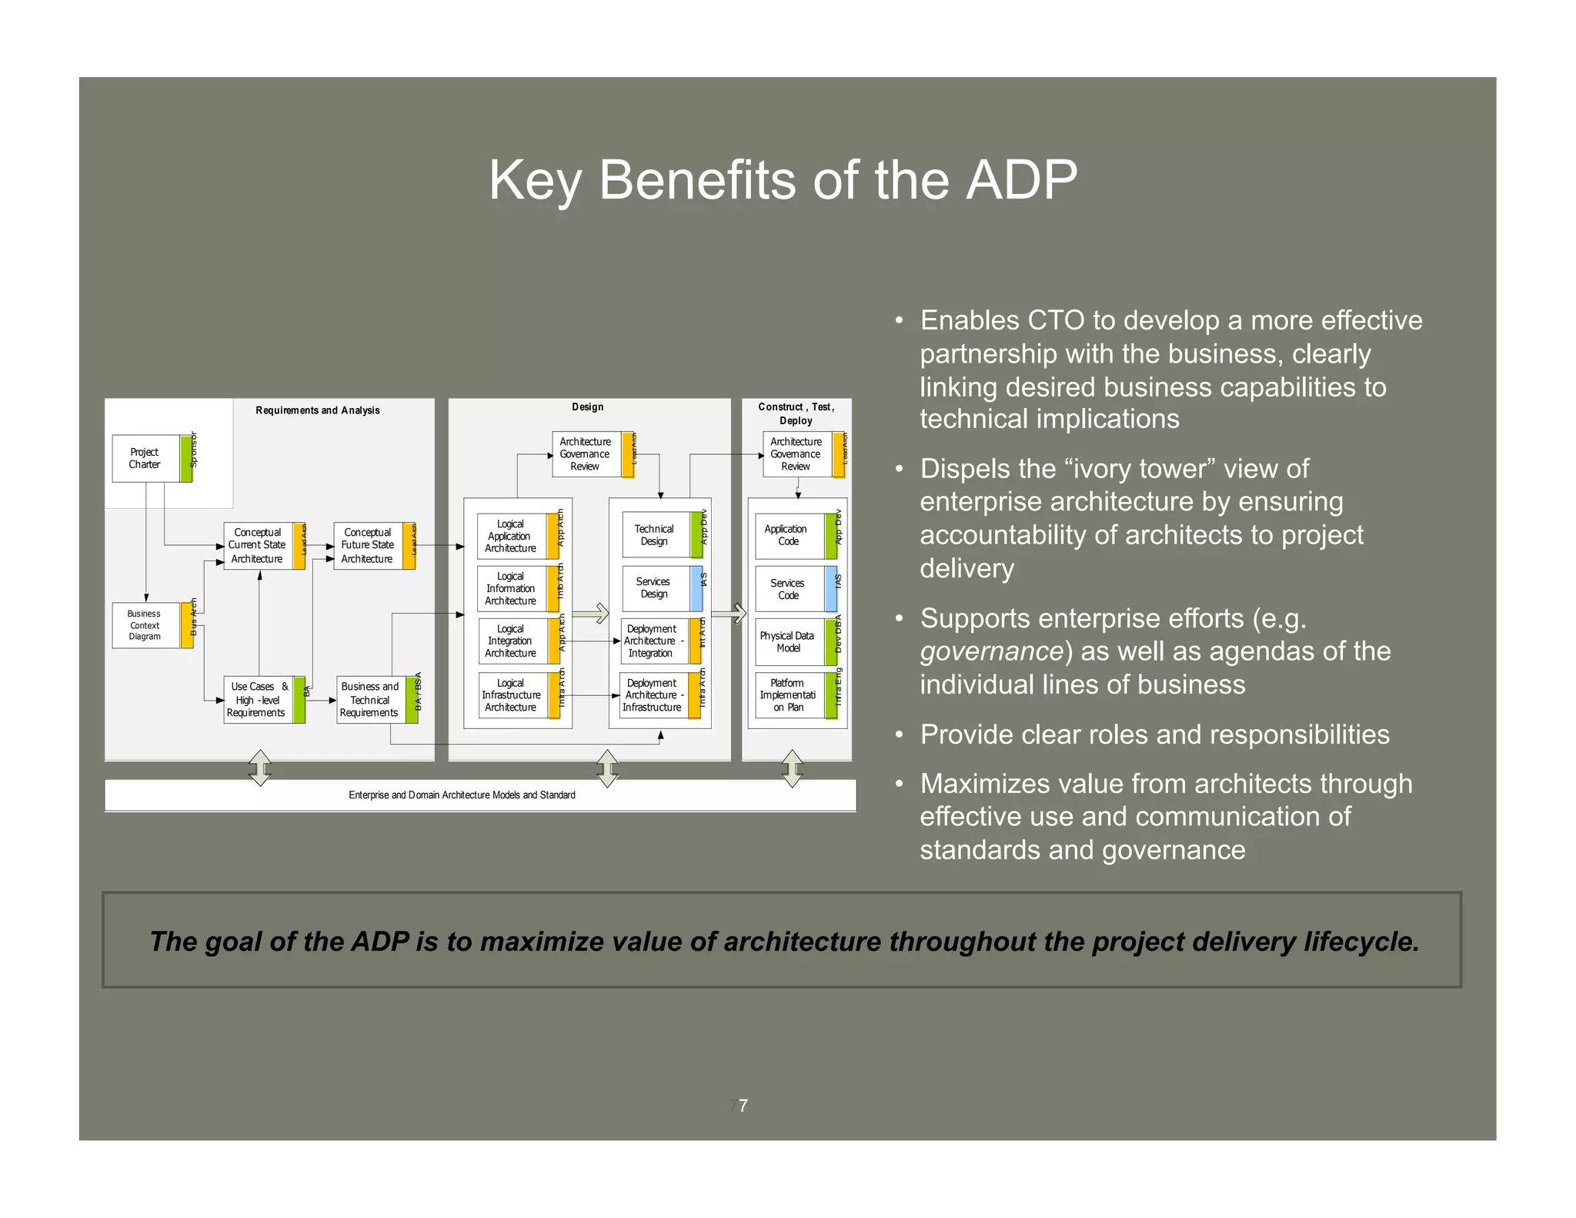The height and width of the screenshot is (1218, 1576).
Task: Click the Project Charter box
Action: pos(145,458)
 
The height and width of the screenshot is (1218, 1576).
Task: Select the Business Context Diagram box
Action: pos(145,624)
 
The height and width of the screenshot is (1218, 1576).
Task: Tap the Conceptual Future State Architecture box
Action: pos(368,545)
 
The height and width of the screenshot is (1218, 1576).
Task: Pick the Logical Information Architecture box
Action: pos(511,588)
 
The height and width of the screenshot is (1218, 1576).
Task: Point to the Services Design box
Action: pos(654,587)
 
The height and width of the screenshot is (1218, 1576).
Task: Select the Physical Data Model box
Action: pos(788,641)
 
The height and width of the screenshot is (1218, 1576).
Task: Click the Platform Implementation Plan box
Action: pos(788,694)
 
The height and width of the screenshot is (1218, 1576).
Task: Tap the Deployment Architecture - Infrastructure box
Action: pos(653,694)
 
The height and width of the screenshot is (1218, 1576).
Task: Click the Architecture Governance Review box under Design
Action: pos(586,453)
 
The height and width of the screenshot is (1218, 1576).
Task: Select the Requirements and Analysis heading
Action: pos(318,410)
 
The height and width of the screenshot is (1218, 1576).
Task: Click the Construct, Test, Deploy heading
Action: pos(796,413)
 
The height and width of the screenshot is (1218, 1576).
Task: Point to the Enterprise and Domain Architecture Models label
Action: pos(462,795)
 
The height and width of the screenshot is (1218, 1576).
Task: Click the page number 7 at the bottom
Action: pos(743,1106)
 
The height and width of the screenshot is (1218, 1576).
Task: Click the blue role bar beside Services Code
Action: pos(831,589)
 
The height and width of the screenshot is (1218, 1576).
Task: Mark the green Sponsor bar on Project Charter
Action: pos(186,458)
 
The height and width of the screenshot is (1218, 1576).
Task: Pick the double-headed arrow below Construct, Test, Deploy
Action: pos(792,768)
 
